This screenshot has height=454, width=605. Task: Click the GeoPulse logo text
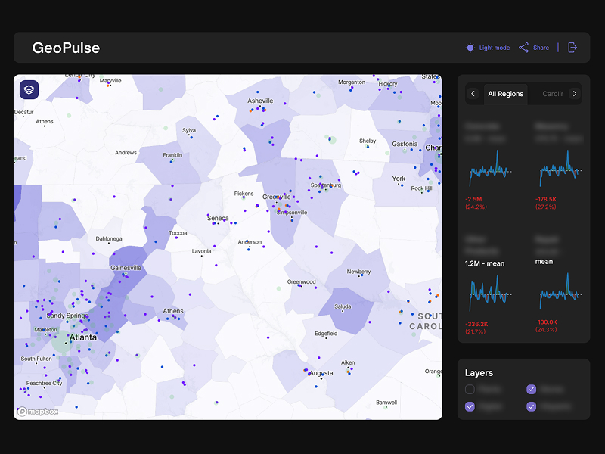pyautogui.click(x=66, y=48)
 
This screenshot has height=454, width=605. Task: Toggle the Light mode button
pyautogui.click(x=488, y=48)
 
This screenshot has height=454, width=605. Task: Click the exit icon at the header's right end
pyautogui.click(x=572, y=48)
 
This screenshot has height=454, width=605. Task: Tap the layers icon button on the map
pyautogui.click(x=29, y=90)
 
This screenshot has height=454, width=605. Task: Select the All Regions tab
pyautogui.click(x=505, y=94)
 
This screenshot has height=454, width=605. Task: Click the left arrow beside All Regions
pyautogui.click(x=473, y=94)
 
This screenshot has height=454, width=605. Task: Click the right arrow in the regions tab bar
pyautogui.click(x=575, y=94)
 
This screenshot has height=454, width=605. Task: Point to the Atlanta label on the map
pyautogui.click(x=83, y=337)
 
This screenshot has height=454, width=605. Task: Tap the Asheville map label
pyautogui.click(x=260, y=101)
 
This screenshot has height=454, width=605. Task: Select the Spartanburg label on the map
pyautogui.click(x=326, y=185)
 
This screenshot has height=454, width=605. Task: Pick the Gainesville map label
pyautogui.click(x=126, y=268)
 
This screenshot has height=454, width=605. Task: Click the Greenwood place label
pyautogui.click(x=301, y=282)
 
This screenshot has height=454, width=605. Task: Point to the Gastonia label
pyautogui.click(x=405, y=144)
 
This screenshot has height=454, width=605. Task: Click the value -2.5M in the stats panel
pyautogui.click(x=476, y=199)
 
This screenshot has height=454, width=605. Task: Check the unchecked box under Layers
pyautogui.click(x=470, y=389)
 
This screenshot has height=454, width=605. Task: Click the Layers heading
pyautogui.click(x=479, y=373)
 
